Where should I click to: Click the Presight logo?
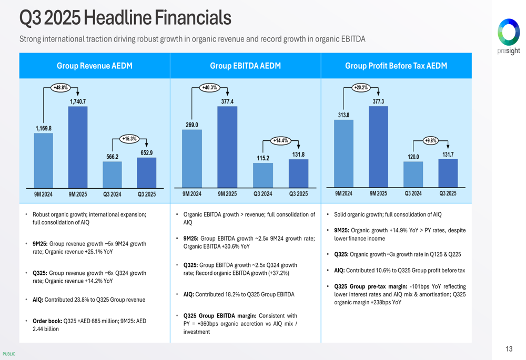(509, 36)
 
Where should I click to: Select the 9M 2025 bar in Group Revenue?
(78, 147)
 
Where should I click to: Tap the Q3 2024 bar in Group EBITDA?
(263, 175)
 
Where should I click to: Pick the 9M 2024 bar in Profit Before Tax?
(343, 153)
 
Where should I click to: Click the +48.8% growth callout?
(60, 88)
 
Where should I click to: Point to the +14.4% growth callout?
(280, 140)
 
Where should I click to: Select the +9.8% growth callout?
(431, 140)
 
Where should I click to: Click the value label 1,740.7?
(78, 101)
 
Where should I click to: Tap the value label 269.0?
(191, 125)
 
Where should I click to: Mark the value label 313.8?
(343, 115)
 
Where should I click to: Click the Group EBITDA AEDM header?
(245, 66)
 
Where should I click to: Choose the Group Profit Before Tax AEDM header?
(396, 66)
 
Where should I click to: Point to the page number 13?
(509, 349)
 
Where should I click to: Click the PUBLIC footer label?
(9, 354)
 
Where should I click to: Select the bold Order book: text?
(47, 321)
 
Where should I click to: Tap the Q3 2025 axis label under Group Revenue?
(147, 194)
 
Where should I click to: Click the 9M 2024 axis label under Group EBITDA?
(191, 194)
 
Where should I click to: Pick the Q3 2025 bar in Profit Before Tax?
(448, 173)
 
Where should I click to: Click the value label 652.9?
(147, 153)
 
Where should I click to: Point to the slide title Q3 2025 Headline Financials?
(125, 18)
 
